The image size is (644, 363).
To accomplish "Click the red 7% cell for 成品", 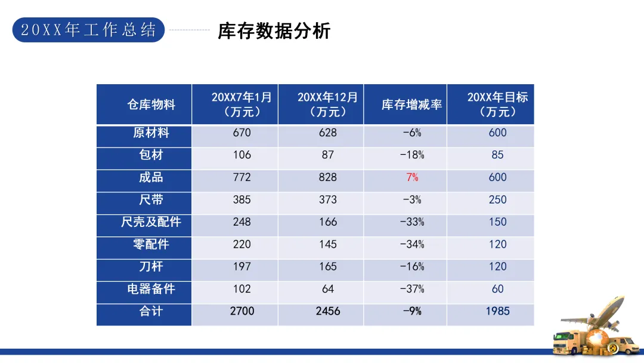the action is (x=412, y=177).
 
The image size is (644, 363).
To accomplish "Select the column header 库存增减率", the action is (x=411, y=104).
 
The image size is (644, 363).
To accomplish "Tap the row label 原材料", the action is (x=151, y=133).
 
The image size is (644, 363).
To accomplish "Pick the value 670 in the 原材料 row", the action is (x=241, y=133).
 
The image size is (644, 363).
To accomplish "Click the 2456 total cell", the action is (x=328, y=311).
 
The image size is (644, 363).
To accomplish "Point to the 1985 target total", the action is (x=497, y=311).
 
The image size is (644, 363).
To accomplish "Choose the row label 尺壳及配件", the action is (x=151, y=222).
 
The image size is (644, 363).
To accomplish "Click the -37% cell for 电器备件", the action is (x=412, y=289).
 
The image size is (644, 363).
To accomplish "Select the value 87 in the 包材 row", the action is (x=328, y=155).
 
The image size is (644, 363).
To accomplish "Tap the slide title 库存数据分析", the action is (x=274, y=31).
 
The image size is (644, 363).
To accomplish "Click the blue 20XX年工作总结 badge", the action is (x=88, y=30).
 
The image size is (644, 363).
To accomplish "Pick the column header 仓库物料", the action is (x=151, y=104).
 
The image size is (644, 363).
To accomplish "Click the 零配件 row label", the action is (x=151, y=244).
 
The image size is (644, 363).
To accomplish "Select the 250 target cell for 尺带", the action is (x=497, y=200).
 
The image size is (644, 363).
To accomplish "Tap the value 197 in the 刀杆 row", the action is (x=241, y=267).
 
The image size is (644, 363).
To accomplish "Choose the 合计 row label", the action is (x=151, y=311).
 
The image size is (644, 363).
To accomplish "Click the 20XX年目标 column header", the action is (x=497, y=104).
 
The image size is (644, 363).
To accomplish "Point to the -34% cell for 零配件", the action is (x=412, y=245).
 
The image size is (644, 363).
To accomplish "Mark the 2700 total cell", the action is (x=242, y=311).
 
